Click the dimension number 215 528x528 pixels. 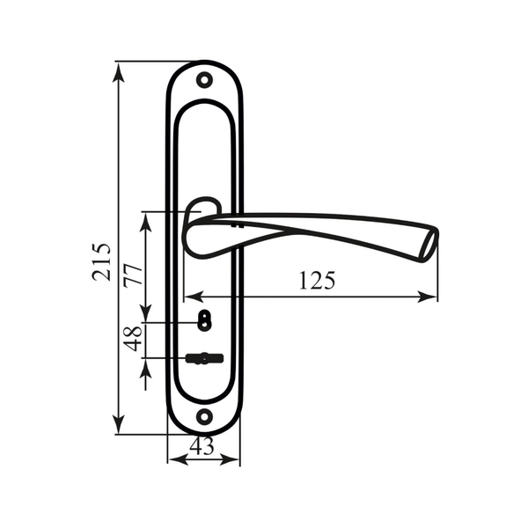pyautogui.click(x=101, y=261)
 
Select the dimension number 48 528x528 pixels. pyautogui.click(x=132, y=339)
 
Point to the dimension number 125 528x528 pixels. pyautogui.click(x=317, y=281)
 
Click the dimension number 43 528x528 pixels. pyautogui.click(x=202, y=446)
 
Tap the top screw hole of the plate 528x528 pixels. pyautogui.click(x=204, y=80)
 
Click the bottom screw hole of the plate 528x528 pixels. pyautogui.click(x=204, y=416)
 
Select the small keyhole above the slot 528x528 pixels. pyautogui.click(x=204, y=319)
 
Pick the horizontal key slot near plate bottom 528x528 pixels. pyautogui.click(x=204, y=358)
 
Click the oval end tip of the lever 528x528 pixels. pyautogui.click(x=429, y=245)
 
